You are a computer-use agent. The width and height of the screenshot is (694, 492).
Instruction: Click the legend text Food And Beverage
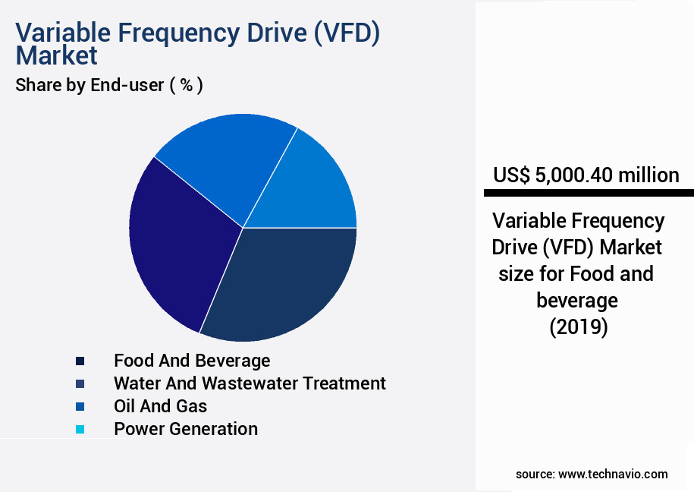[192, 360]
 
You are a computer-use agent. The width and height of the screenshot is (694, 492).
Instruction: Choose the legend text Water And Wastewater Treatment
[250, 383]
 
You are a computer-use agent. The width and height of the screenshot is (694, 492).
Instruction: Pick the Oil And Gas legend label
[160, 405]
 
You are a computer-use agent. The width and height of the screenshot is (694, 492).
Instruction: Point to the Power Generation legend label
[186, 428]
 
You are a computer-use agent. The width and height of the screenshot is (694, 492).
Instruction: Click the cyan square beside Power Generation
[80, 430]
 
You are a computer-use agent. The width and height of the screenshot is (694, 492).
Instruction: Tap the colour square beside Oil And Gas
[80, 407]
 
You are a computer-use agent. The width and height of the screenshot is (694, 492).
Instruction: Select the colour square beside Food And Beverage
[80, 361]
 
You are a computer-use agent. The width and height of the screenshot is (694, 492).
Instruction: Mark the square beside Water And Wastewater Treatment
[80, 384]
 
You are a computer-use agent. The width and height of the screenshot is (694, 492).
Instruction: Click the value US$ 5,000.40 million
[586, 175]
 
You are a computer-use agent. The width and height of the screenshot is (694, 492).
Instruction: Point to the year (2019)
[578, 327]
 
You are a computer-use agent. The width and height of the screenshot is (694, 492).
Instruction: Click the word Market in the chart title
[57, 55]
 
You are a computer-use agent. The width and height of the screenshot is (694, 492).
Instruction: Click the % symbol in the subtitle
[186, 85]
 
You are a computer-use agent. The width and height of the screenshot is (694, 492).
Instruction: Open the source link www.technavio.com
[613, 474]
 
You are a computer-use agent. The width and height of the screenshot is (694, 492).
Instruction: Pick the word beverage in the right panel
[577, 301]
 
